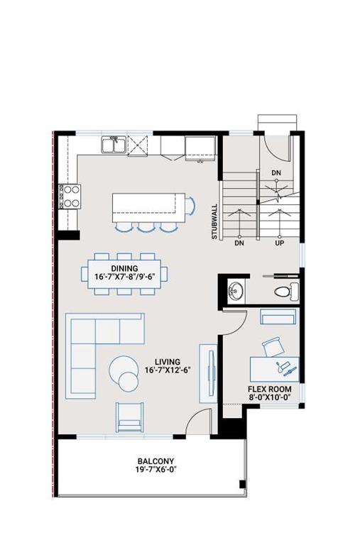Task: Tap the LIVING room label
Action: point(162,362)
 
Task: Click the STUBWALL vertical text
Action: point(214,222)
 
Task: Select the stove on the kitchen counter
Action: point(70,194)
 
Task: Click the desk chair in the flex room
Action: point(272,347)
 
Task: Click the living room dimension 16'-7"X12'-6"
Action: point(162,370)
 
